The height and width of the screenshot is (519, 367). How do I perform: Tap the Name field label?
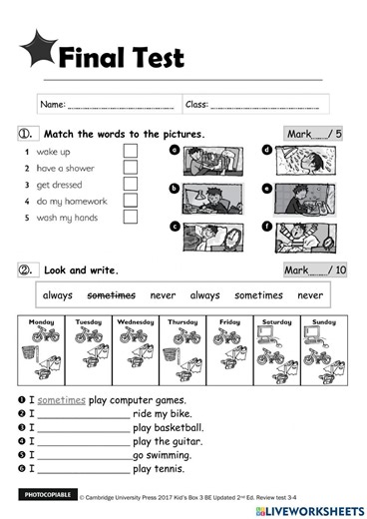(x=53, y=104)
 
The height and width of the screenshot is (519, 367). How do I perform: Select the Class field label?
(x=196, y=104)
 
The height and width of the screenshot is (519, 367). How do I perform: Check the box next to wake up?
(x=130, y=151)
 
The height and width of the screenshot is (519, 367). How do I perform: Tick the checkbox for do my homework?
(x=130, y=202)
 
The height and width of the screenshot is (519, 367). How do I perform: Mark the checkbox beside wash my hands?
(x=130, y=219)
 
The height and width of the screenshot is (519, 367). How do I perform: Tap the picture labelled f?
(x=303, y=240)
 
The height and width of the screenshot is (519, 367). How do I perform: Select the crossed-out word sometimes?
(x=111, y=295)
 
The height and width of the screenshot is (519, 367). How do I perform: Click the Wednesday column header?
(x=135, y=323)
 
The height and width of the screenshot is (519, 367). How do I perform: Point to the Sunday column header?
(x=323, y=323)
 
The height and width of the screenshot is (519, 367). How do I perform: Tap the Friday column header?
(x=229, y=323)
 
